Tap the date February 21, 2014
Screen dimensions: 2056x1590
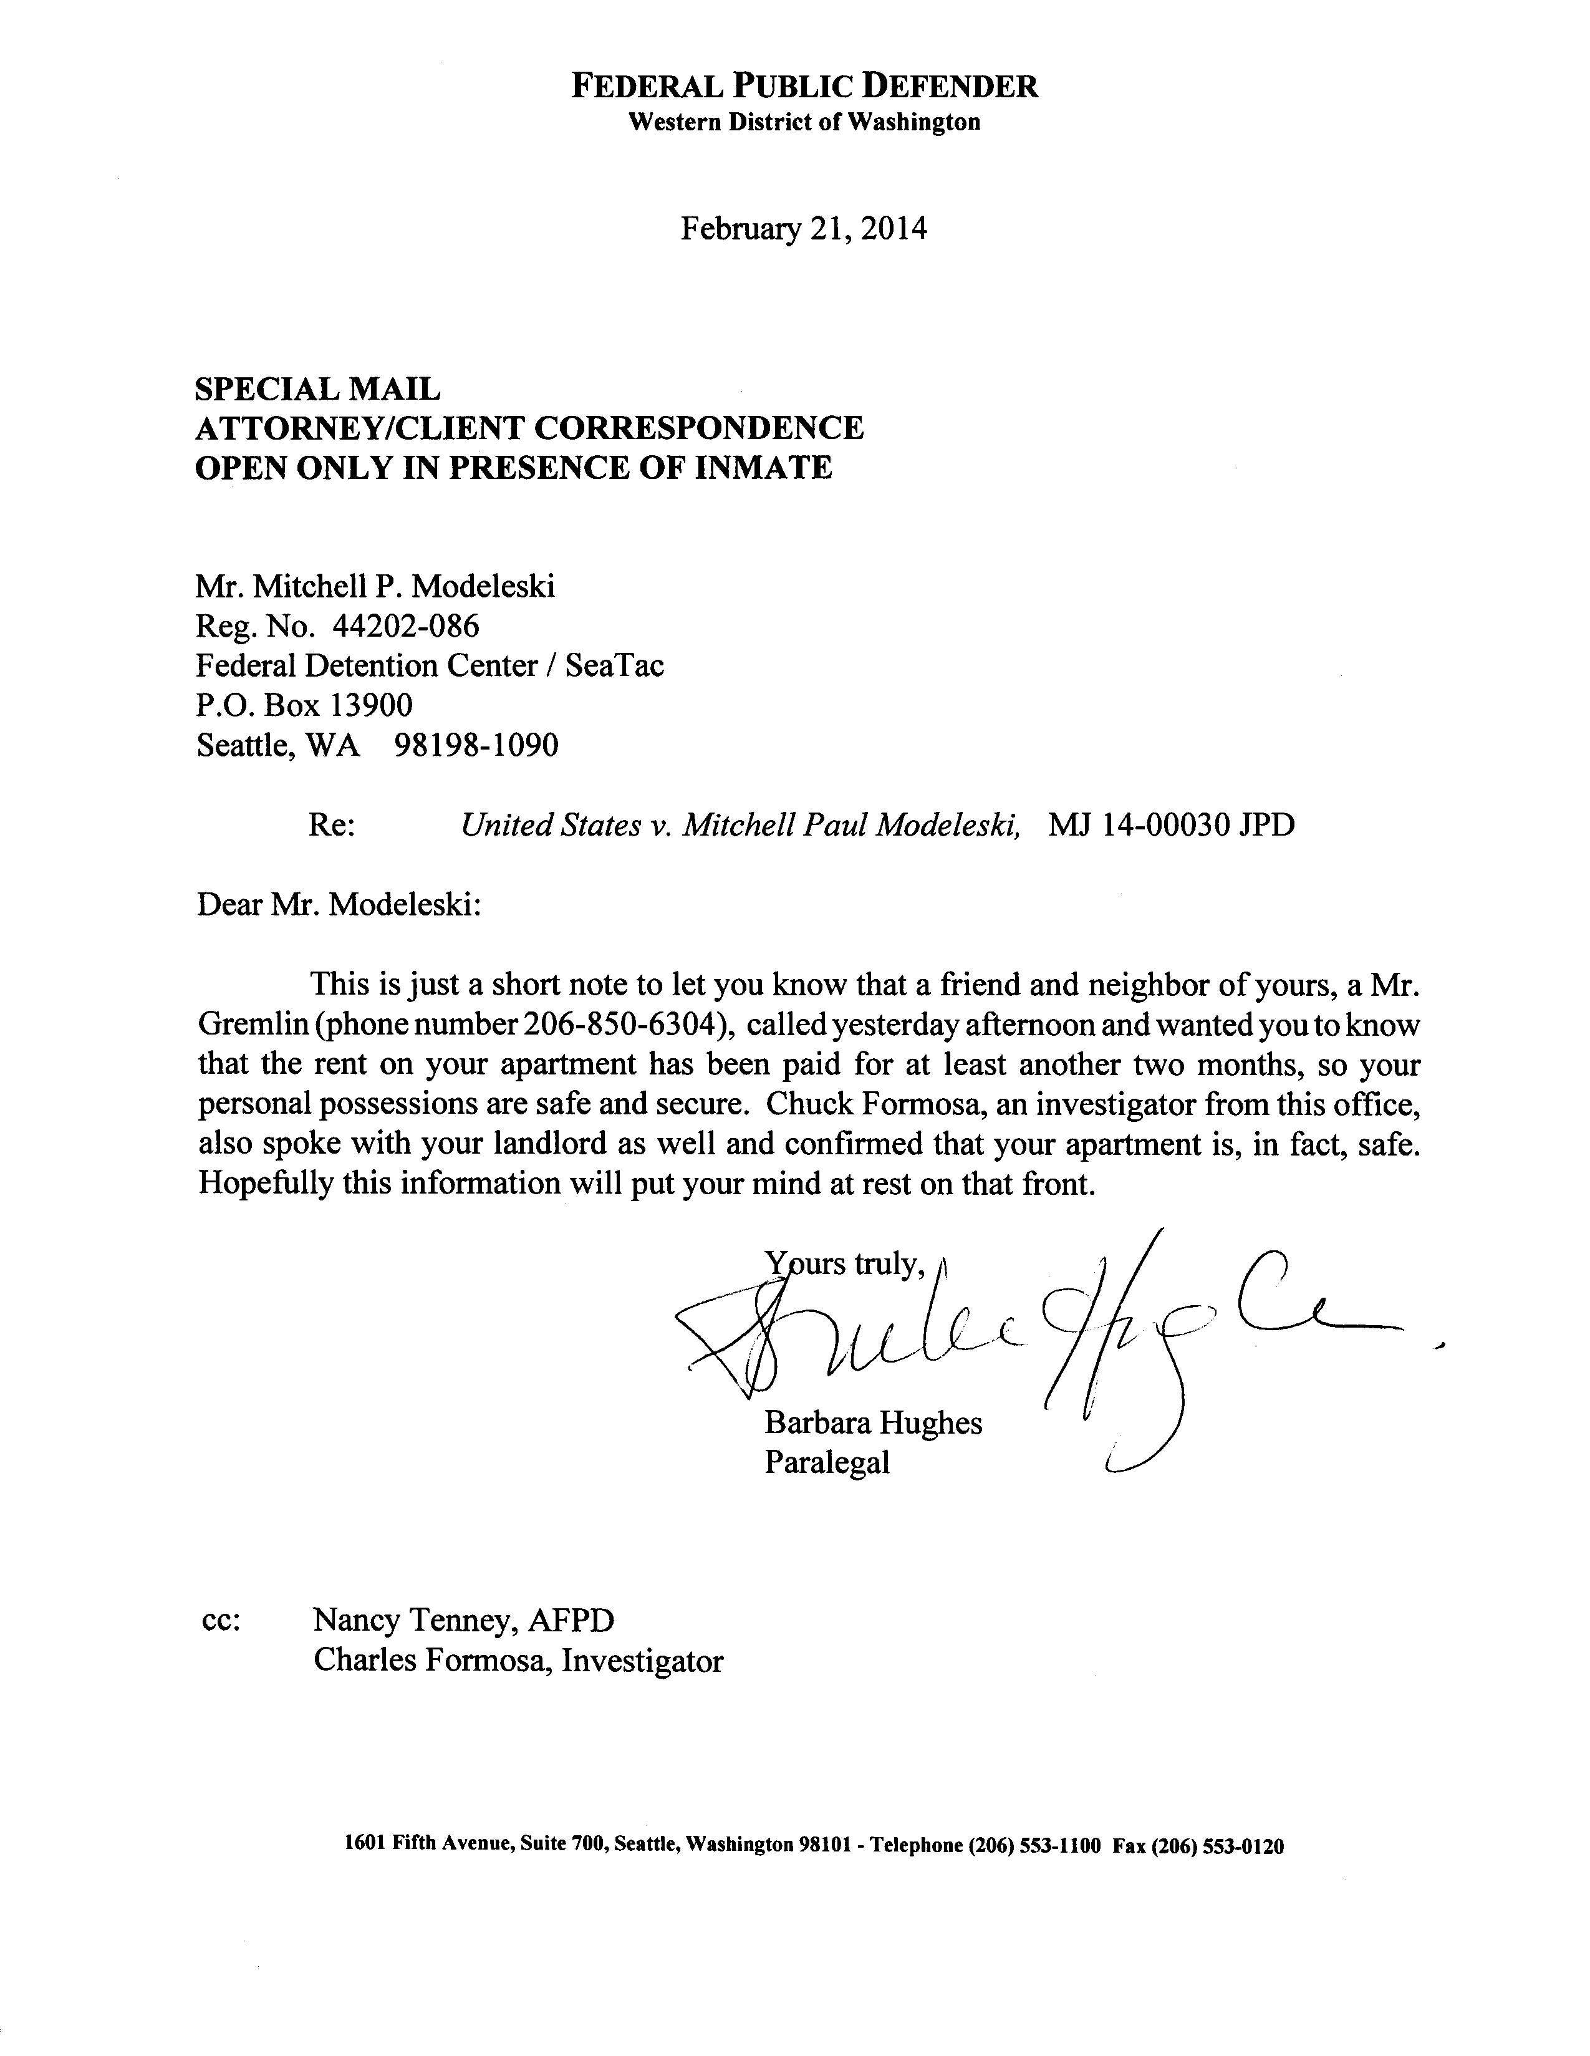tap(803, 229)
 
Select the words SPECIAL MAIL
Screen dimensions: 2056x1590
tap(317, 388)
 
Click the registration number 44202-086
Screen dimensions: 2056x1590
tap(406, 626)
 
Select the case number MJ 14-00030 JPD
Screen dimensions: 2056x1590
tap(1171, 826)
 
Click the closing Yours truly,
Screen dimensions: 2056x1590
tap(842, 1264)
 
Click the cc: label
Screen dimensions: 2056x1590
tap(221, 1621)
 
